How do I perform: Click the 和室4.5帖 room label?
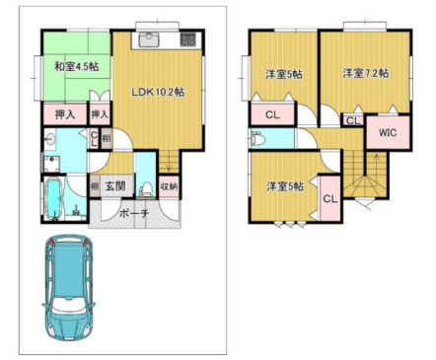coord(69,66)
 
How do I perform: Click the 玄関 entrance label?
coord(114,185)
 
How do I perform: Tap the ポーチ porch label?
coord(132,213)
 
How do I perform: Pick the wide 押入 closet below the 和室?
coord(65,115)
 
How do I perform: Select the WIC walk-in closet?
coord(387,130)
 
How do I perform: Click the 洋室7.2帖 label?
coord(365,73)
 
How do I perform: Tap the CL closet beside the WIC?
coord(351,120)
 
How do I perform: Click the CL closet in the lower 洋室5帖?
coord(330,199)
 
